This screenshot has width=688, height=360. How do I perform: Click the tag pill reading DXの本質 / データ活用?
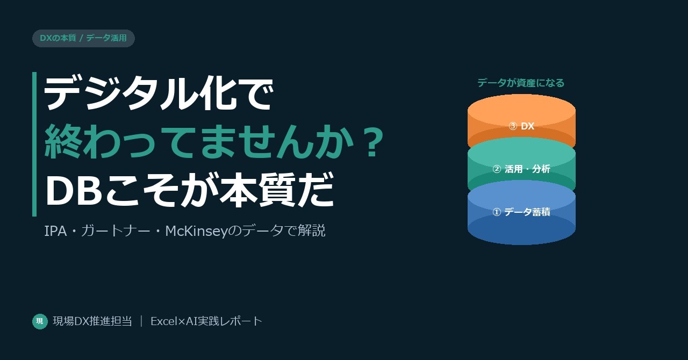pyautogui.click(x=83, y=38)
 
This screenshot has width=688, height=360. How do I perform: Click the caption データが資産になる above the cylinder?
pyautogui.click(x=521, y=83)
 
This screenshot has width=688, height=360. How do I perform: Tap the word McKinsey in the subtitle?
pyautogui.click(x=196, y=231)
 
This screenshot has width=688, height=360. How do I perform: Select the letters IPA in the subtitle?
pyautogui.click(x=55, y=231)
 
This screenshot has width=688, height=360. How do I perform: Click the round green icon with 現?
pyautogui.click(x=40, y=321)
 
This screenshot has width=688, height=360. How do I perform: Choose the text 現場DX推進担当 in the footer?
pyautogui.click(x=92, y=321)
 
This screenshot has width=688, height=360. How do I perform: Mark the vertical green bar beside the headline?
pyautogui.click(x=34, y=144)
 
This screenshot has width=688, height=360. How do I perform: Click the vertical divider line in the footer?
pyautogui.click(x=141, y=321)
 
